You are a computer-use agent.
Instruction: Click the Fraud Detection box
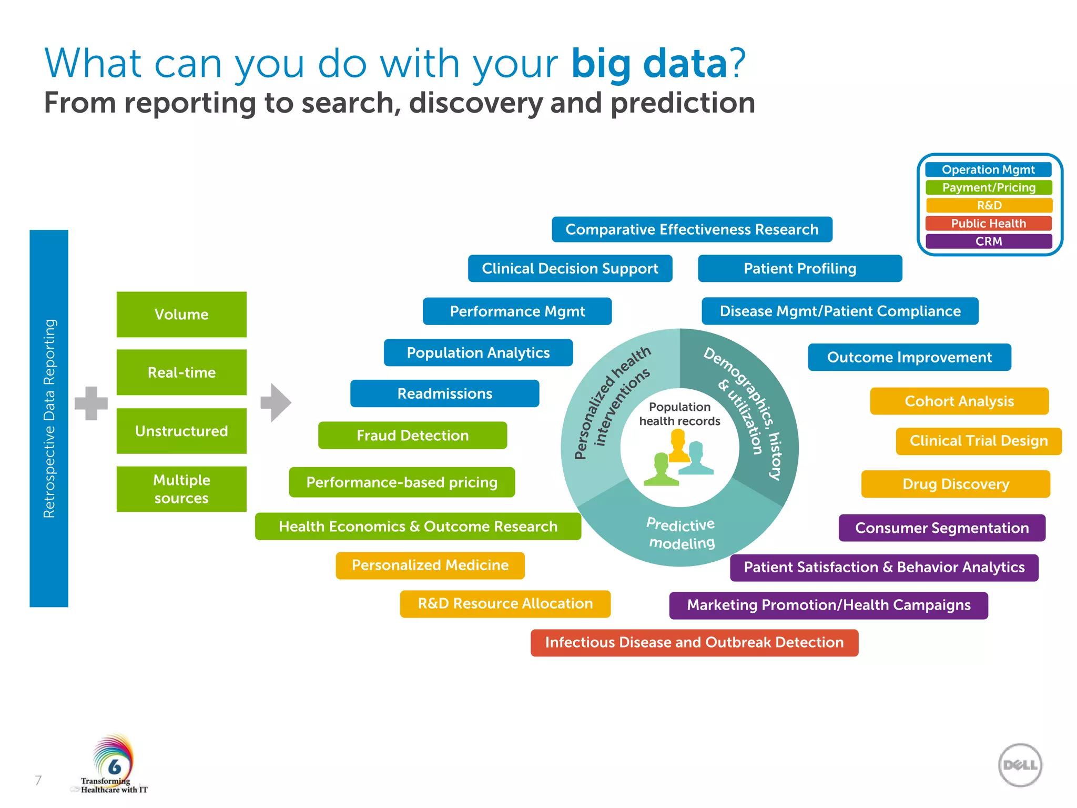click(412, 435)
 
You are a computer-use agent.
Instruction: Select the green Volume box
click(181, 314)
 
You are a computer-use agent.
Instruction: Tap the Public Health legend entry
click(988, 223)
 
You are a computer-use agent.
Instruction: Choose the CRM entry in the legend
click(988, 241)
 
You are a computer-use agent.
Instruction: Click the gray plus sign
click(91, 403)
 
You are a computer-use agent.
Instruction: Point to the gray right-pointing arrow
click(276, 402)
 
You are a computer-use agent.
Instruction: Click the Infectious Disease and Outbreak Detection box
click(694, 642)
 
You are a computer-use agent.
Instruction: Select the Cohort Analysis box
click(959, 401)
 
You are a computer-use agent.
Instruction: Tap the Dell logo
click(1020, 765)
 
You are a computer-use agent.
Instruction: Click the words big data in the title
click(649, 63)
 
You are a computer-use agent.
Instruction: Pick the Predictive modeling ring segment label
click(681, 533)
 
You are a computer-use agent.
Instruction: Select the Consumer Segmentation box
click(941, 528)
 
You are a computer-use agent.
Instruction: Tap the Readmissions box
click(444, 393)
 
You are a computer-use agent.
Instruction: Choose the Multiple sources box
click(181, 489)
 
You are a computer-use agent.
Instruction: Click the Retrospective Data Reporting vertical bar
click(49, 418)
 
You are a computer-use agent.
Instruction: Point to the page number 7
click(38, 780)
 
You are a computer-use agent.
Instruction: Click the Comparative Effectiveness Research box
click(692, 229)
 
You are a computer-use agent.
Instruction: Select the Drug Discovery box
click(955, 484)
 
